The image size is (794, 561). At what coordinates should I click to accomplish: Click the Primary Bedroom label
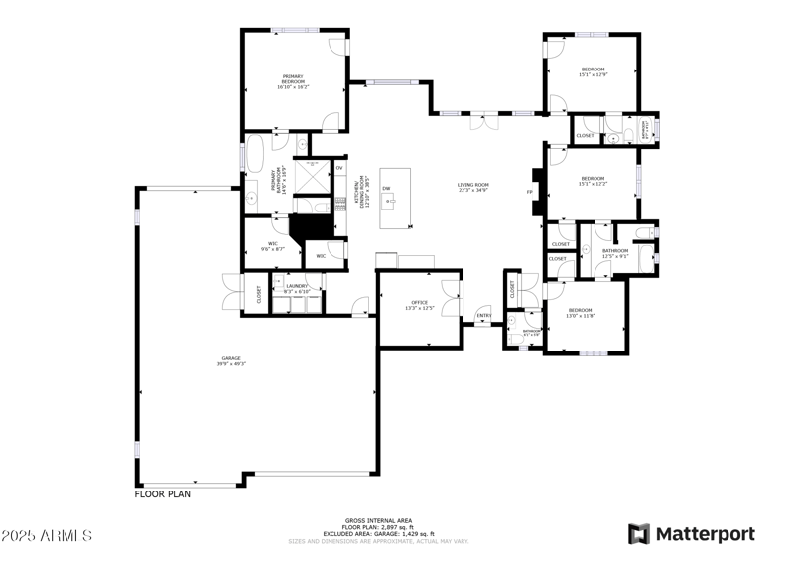(x=293, y=81)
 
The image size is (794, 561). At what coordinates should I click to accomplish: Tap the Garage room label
(x=231, y=361)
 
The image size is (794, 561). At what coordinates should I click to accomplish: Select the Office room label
(x=419, y=305)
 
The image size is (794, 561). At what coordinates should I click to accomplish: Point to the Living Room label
(x=473, y=187)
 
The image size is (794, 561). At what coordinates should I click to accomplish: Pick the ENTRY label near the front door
(x=483, y=317)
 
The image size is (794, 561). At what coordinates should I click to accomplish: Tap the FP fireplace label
(x=529, y=191)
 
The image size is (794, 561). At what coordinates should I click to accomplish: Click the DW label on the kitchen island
(x=386, y=188)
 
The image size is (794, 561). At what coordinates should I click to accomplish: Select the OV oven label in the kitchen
(x=338, y=169)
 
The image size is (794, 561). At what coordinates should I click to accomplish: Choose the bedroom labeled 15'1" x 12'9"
(x=594, y=71)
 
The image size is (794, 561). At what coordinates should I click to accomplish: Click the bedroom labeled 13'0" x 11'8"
(x=581, y=313)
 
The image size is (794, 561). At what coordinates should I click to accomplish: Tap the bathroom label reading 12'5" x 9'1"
(x=615, y=253)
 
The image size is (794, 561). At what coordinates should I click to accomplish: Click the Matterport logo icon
(x=639, y=533)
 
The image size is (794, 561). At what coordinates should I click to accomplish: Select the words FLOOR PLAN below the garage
(x=162, y=493)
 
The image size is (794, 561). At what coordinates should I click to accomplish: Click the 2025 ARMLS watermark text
(x=47, y=535)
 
